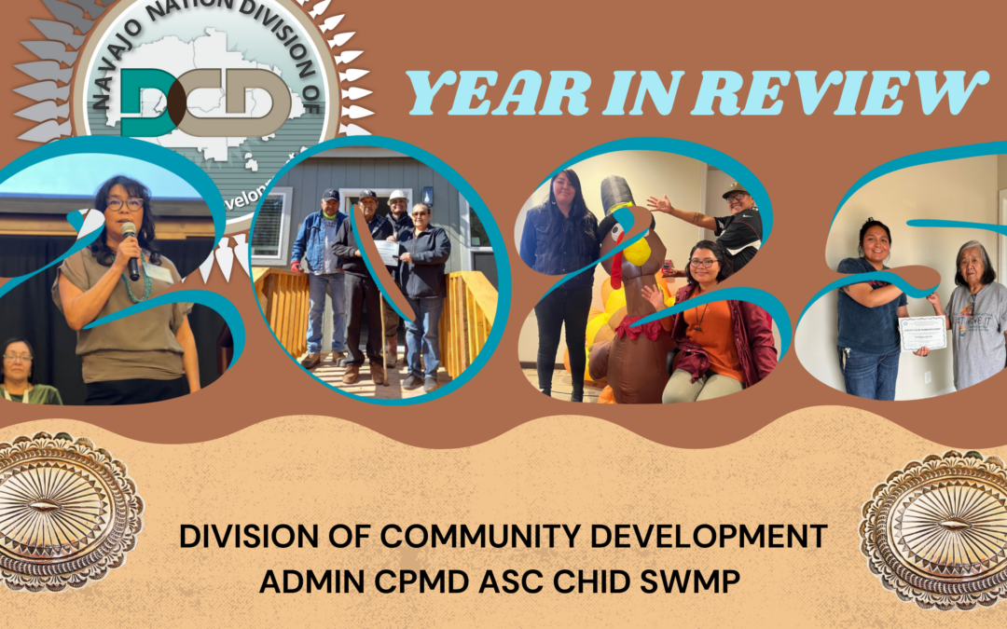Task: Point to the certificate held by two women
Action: [x=922, y=333]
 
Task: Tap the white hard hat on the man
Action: [x=398, y=196]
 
